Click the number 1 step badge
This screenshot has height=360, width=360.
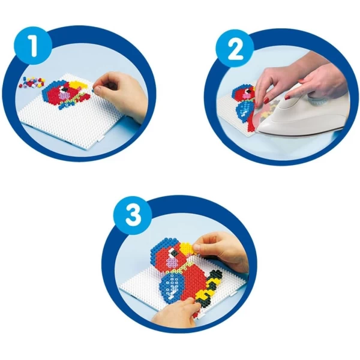(34, 46)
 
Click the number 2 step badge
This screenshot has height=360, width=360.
(235, 49)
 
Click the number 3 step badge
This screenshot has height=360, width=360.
(133, 215)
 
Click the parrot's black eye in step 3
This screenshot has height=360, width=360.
(173, 253)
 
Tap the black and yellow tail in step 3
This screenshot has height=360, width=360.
(209, 287)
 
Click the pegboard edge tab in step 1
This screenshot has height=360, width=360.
(101, 138)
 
